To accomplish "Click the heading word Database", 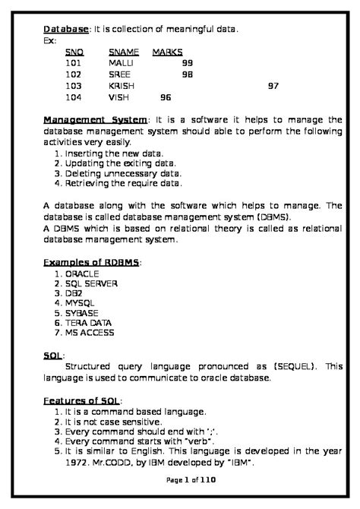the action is coord(66,29).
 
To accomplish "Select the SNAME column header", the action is coord(124,52).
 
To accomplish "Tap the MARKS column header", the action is coord(169,52).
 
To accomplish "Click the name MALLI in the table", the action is coord(121,63).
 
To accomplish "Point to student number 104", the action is coord(74,97).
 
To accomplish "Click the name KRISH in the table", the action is coord(122,86).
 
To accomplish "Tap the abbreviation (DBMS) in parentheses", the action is coord(276,217).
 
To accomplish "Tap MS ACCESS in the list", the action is coord(89,333).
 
